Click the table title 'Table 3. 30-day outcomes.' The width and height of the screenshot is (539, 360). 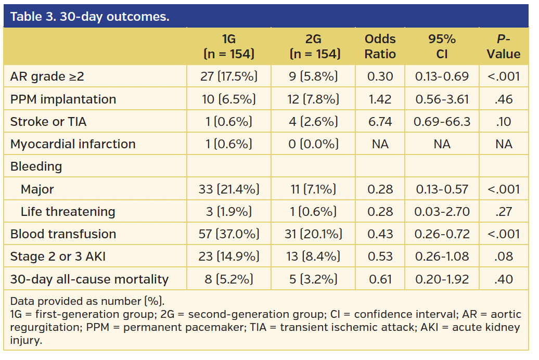tap(89, 17)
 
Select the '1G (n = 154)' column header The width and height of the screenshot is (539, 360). tap(228, 47)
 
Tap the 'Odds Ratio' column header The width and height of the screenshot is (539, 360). tap(380, 47)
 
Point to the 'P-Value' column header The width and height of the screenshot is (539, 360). tap(504, 47)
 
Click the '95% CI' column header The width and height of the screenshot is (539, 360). tap(442, 47)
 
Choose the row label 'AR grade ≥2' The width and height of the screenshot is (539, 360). tap(47, 77)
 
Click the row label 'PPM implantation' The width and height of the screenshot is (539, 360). tap(63, 99)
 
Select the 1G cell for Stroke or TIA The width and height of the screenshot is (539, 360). tap(228, 122)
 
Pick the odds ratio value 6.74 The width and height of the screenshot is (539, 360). tap(380, 122)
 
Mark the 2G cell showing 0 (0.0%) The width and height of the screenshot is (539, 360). tap(313, 144)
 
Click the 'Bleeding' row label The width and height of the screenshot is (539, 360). tap(36, 166)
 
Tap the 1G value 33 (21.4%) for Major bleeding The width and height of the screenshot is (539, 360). tap(228, 189)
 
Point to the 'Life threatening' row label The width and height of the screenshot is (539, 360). tap(68, 212)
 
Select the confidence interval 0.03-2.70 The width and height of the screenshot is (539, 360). tap(442, 212)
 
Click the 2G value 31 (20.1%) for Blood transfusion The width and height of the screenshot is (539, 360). tap(313, 234)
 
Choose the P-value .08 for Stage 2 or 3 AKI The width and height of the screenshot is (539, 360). tap(504, 256)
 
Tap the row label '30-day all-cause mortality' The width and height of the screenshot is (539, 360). tap(89, 279)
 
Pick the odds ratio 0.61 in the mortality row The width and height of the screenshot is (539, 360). tap(380, 279)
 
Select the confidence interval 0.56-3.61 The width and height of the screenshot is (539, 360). tap(442, 99)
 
